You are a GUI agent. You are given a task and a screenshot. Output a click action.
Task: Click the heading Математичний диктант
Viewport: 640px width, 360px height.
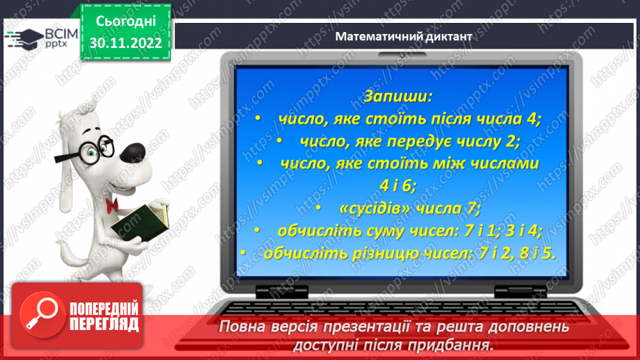[x=403, y=36]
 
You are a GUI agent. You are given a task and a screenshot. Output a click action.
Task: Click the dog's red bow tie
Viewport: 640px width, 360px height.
[x=111, y=204]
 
